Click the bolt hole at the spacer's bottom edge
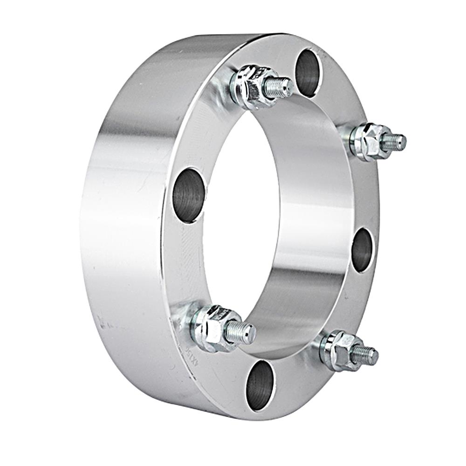[260, 385]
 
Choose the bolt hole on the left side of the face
[188, 195]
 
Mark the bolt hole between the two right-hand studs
[362, 250]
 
